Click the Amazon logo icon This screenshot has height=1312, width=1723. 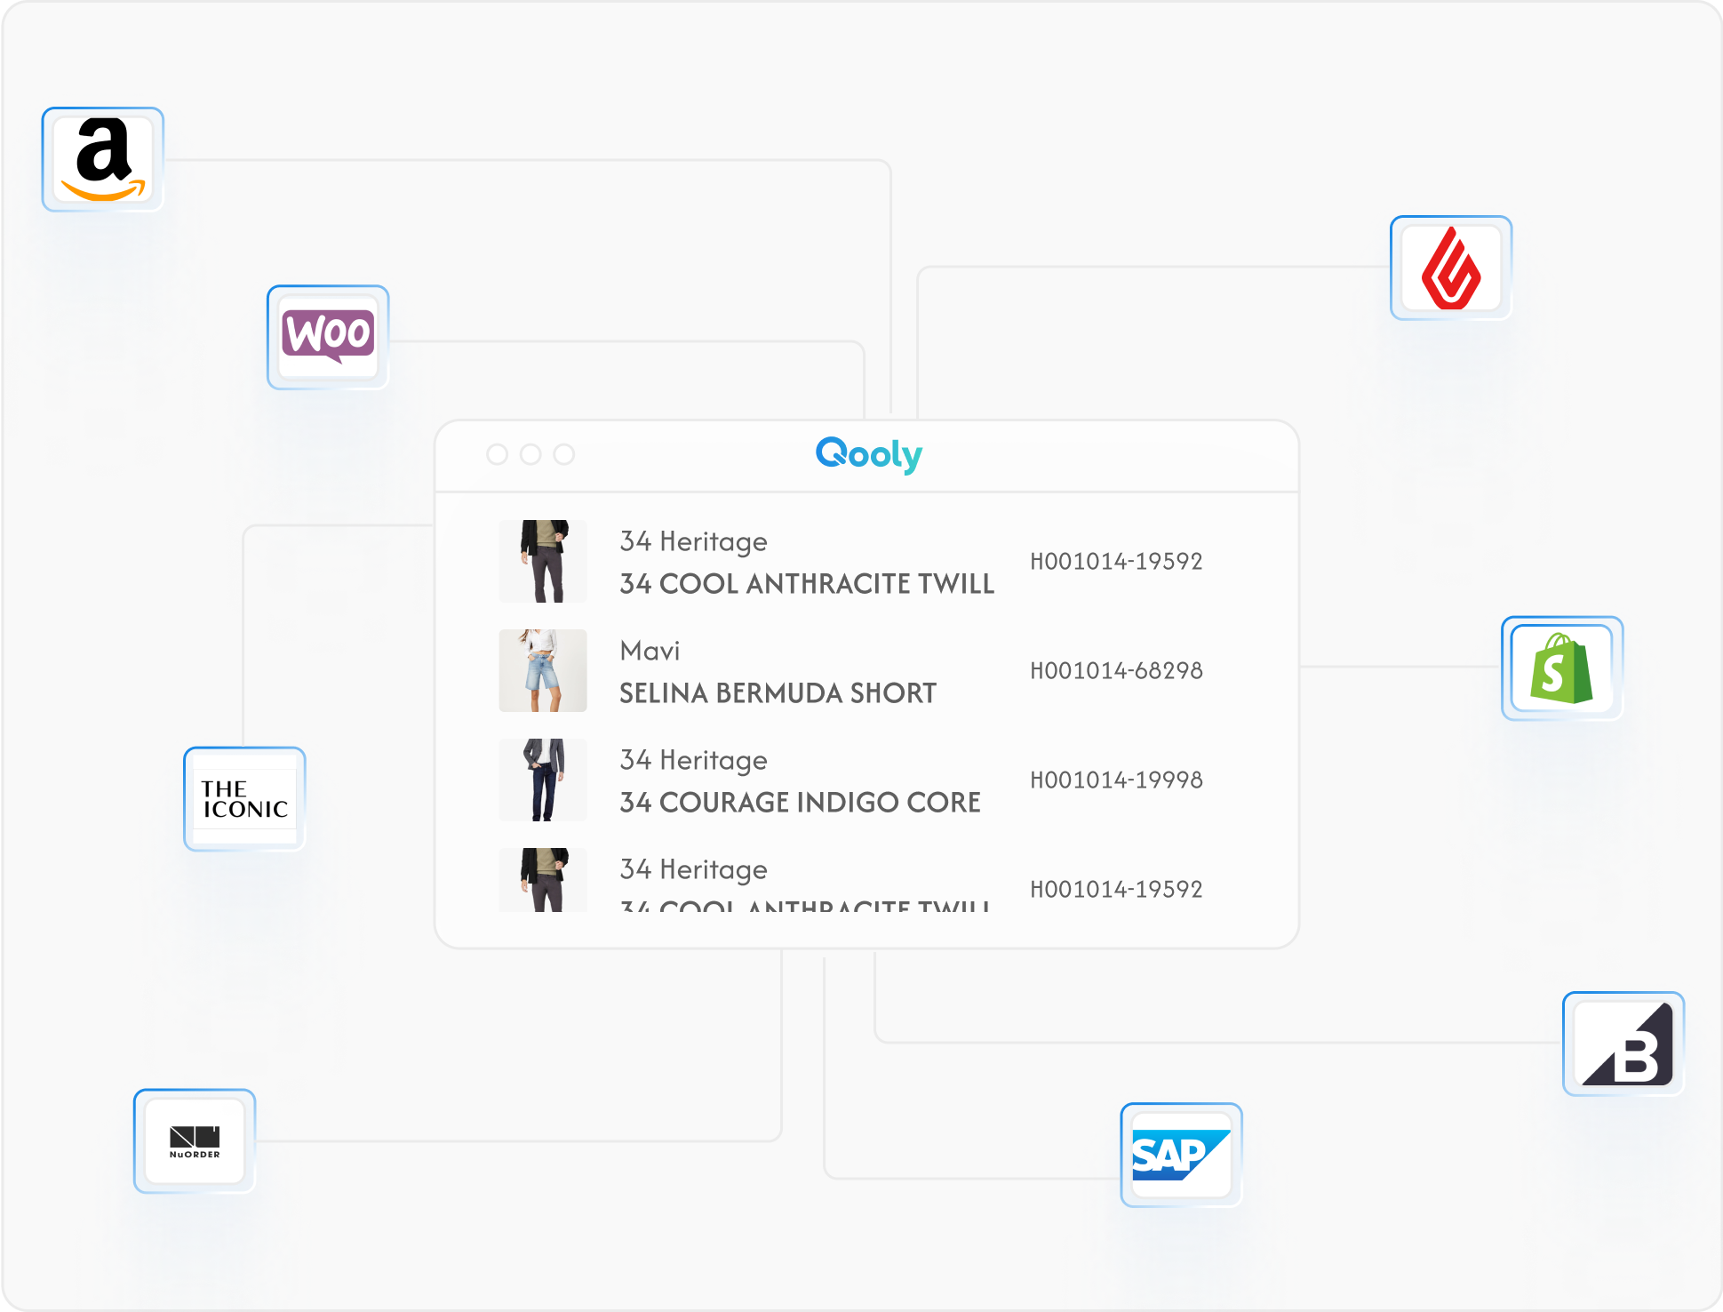click(103, 160)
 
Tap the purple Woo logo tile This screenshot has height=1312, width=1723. click(328, 337)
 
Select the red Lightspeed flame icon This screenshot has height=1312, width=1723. click(1451, 268)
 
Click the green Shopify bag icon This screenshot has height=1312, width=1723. click(1561, 668)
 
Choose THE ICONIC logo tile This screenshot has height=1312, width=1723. click(244, 799)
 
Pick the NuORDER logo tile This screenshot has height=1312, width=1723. click(195, 1141)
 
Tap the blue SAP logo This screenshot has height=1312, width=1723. click(1181, 1155)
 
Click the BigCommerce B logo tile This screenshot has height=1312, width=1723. click(1623, 1044)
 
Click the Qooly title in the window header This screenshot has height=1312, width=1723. click(868, 454)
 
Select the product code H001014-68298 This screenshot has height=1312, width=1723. click(1116, 671)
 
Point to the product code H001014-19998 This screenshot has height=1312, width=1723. click(1116, 780)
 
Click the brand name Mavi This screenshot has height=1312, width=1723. click(650, 651)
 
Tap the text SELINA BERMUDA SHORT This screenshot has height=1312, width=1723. click(778, 693)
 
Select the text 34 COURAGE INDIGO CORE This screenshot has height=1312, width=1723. click(800, 803)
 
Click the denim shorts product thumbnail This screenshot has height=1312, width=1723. click(543, 671)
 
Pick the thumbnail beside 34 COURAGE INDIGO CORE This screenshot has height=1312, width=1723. click(543, 780)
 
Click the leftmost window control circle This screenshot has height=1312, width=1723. click(498, 454)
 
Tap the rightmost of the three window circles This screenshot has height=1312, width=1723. click(564, 454)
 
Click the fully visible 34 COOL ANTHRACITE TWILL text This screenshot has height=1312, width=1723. click(807, 584)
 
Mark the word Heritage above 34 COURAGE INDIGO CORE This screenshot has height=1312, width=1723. click(713, 761)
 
